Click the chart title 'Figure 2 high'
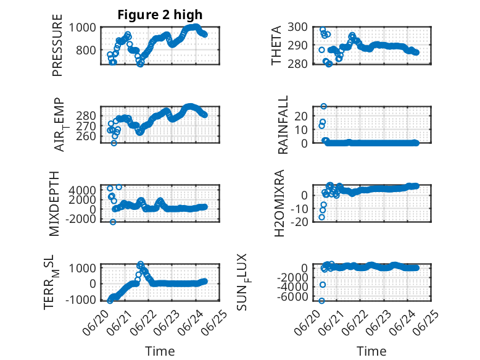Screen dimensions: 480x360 [160, 15]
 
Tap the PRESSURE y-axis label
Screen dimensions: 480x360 [57, 45]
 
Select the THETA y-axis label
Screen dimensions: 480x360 [276, 45]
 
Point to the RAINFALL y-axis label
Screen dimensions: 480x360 [283, 124]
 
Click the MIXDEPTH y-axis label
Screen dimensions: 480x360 [54, 203]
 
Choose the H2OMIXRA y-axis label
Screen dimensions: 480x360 [279, 203]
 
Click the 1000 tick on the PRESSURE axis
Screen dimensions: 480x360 [83, 28]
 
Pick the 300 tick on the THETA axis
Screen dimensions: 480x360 [297, 27]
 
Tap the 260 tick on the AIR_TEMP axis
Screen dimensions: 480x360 [86, 136]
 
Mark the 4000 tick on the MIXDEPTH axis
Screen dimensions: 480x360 [82, 190]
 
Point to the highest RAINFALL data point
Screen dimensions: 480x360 [323, 106]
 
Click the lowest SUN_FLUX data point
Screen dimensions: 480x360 [321, 301]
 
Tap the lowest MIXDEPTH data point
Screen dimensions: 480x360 [113, 222]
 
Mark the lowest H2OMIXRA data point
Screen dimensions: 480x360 [321, 217]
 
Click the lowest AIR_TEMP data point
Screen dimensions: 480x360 [114, 143]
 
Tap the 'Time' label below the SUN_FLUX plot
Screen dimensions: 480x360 [371, 351]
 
